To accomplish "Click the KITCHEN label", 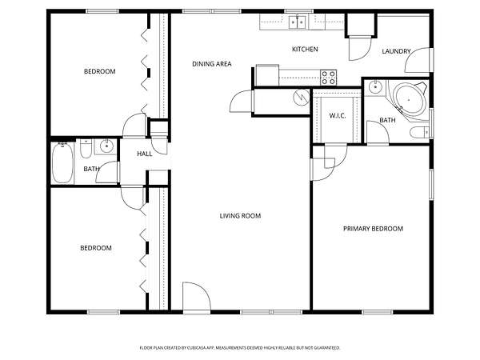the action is [305, 49].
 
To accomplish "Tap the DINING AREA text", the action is [211, 64].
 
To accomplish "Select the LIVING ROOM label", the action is [240, 216].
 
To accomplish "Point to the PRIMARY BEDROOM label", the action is [373, 228].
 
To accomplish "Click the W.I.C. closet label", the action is [338, 116].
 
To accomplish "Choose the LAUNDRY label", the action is [396, 51].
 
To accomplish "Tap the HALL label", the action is [145, 154].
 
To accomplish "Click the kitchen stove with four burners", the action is [329, 78].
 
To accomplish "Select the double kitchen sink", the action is [298, 22].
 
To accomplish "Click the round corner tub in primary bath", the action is [409, 99].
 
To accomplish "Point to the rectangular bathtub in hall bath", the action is [62, 163].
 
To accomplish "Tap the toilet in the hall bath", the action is [86, 148].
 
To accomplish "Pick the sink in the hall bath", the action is [106, 146].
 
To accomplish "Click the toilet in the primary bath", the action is [420, 133].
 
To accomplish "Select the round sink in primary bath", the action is [375, 87].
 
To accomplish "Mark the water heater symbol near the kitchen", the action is [302, 98].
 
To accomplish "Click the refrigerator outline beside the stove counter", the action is [267, 75].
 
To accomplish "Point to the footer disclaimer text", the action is [240, 348].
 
